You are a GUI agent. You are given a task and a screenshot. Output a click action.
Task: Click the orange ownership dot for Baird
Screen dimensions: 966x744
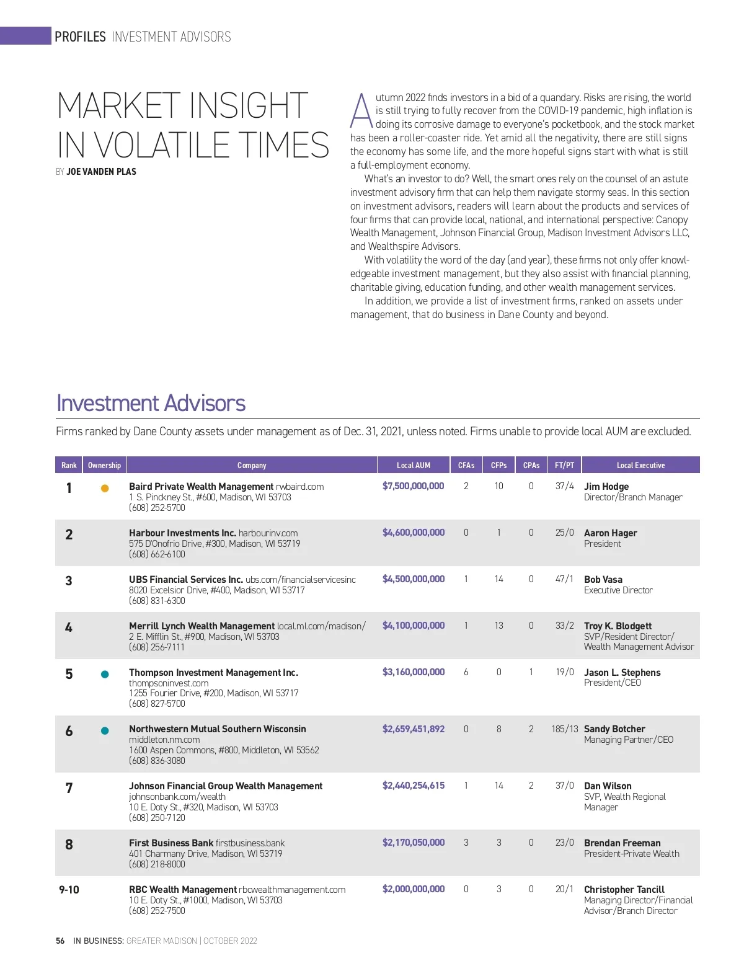(x=105, y=488)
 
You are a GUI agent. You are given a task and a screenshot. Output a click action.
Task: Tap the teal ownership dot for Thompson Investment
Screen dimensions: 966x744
(x=105, y=674)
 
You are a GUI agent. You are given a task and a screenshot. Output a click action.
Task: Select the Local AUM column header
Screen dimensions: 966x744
(x=413, y=465)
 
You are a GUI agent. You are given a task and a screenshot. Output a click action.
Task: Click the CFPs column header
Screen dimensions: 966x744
(x=498, y=465)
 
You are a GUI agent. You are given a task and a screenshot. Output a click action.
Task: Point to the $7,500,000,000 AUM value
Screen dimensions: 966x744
(x=413, y=486)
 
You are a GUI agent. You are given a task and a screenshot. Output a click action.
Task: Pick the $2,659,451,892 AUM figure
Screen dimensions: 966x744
(x=413, y=729)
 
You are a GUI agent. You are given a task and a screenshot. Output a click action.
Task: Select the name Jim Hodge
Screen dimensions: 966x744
(x=606, y=487)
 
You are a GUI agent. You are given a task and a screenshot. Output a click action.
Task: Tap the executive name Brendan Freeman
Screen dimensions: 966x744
(x=622, y=843)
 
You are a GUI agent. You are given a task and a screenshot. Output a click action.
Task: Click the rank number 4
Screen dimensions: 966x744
(x=69, y=627)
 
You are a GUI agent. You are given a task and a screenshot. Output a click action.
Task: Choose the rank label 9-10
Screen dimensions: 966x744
(x=69, y=890)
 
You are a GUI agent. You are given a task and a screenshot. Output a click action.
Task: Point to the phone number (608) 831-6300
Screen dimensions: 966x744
(x=157, y=601)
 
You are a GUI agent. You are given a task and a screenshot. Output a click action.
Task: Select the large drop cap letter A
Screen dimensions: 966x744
(x=361, y=111)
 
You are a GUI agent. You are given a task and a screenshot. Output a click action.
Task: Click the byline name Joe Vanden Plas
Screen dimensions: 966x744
(x=101, y=172)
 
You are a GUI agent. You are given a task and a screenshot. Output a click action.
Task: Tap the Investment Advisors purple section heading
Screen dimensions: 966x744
(x=151, y=404)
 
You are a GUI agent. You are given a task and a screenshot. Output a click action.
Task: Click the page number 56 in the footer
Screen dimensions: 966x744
(x=60, y=941)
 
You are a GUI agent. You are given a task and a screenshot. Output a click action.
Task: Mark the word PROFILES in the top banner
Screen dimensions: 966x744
(x=80, y=37)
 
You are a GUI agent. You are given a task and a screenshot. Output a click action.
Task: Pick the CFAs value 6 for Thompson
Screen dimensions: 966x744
(x=466, y=672)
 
